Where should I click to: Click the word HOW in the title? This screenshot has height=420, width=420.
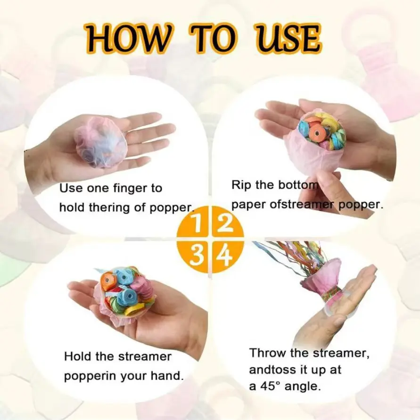pos(127,38)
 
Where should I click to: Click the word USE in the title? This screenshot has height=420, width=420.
pos(287,38)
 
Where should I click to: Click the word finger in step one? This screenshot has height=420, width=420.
pos(130,189)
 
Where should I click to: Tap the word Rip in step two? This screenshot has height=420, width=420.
pos(241,185)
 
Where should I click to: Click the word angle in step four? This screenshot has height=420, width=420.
pos(303,387)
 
